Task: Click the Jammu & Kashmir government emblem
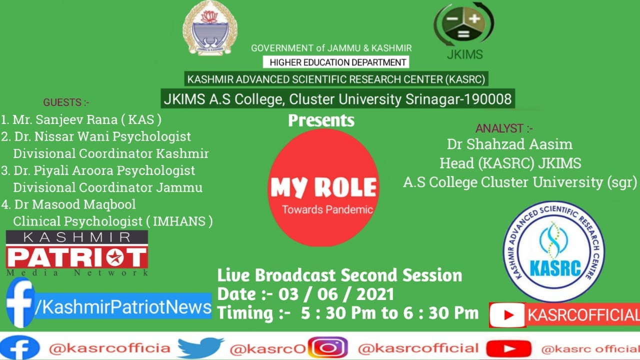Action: pos(210,28)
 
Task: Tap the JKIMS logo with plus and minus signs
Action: pos(464,24)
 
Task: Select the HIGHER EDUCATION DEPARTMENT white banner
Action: pos(336,62)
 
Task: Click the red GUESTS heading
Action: pos(66,102)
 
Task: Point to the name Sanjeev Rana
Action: pos(76,119)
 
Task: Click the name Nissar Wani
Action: pos(72,136)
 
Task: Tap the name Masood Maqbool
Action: pos(83,204)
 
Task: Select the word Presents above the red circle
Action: pos(321,120)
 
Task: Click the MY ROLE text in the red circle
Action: pos(323,187)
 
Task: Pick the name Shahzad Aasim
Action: pos(519,144)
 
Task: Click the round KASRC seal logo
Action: pos(554,251)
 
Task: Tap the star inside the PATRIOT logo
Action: pos(115,257)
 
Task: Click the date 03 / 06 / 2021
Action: pos(336,294)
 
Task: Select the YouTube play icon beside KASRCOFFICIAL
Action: pos(507,315)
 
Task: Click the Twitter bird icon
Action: pos(200,347)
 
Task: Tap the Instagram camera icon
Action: pos(327,347)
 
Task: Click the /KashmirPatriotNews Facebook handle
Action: pos(123,307)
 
